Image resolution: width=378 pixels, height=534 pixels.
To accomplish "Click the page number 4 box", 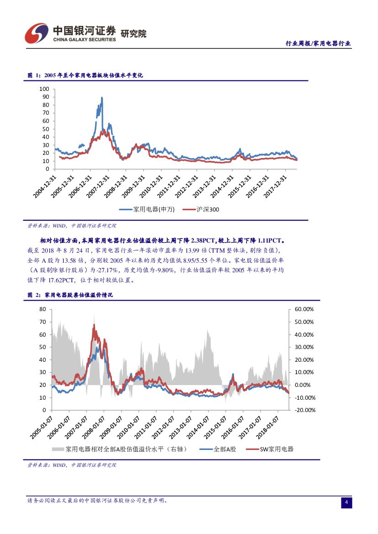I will click(346, 502).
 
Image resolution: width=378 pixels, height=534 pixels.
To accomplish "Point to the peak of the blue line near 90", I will click(101, 97).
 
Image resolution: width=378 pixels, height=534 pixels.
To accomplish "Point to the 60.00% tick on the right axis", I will click(304, 309).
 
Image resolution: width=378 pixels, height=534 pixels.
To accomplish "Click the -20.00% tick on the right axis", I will click(304, 410).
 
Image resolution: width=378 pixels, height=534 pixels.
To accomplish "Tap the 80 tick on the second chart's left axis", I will click(43, 309).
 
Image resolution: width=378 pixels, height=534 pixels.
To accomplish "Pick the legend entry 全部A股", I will click(218, 449).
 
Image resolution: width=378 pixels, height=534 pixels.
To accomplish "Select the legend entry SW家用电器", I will click(270, 449).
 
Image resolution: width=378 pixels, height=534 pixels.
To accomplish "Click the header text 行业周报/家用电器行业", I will click(318, 43).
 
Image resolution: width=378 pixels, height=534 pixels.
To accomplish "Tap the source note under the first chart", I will click(72, 225).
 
